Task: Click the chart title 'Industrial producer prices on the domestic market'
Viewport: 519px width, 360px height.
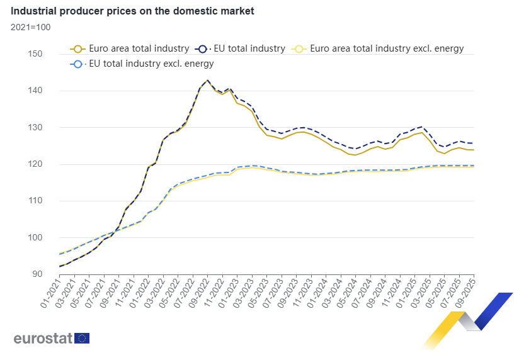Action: coord(132,11)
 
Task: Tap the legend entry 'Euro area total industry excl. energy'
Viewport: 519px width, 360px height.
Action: coord(379,48)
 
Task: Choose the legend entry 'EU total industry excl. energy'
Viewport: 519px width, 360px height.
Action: coord(144,64)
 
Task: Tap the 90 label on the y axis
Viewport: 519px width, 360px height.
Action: coord(37,274)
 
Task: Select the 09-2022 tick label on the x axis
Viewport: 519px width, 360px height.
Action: coord(200,293)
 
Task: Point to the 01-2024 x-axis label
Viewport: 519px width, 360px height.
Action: coord(319,293)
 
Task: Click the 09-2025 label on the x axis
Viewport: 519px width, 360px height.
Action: coord(467,293)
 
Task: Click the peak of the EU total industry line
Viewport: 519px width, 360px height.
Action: coord(207,81)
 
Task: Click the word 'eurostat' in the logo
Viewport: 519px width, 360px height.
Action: coord(43,338)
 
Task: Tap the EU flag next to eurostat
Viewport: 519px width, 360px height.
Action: coord(82,338)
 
